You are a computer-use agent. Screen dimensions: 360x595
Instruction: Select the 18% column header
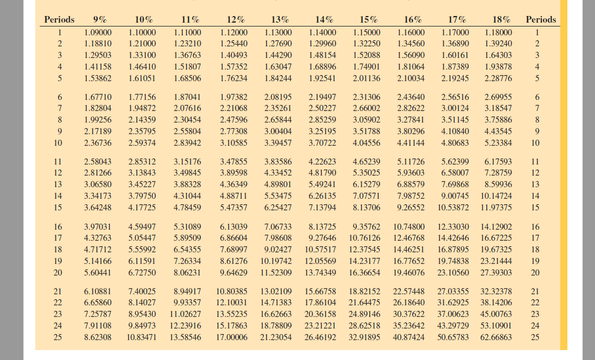tap(498, 19)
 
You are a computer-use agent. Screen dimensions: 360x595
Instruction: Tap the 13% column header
tap(279, 19)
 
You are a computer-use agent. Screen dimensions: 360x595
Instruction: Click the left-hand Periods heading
tap(59, 19)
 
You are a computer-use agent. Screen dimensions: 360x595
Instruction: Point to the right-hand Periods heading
tap(541, 19)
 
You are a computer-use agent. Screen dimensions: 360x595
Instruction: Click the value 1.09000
tap(97, 32)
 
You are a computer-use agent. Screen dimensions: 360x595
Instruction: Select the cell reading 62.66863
tap(496, 337)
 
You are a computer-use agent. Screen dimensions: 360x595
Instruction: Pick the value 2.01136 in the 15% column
tap(366, 78)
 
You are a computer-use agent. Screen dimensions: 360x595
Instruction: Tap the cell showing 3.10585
tap(233, 143)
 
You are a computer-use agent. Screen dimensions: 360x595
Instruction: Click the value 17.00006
tap(232, 337)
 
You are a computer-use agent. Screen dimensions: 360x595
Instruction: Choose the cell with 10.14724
tap(496, 195)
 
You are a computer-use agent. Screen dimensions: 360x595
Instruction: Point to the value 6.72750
tap(142, 272)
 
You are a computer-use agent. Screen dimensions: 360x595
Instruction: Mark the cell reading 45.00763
tap(496, 314)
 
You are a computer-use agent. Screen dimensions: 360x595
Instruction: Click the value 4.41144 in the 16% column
tap(411, 143)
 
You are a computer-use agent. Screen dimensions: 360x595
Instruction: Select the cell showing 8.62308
tap(97, 337)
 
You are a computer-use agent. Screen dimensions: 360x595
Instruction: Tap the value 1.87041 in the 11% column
tap(188, 97)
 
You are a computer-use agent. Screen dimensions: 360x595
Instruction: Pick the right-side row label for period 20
tap(534, 272)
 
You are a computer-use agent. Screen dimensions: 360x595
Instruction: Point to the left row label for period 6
tap(59, 97)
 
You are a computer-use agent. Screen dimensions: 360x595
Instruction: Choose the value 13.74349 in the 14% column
tap(320, 272)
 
